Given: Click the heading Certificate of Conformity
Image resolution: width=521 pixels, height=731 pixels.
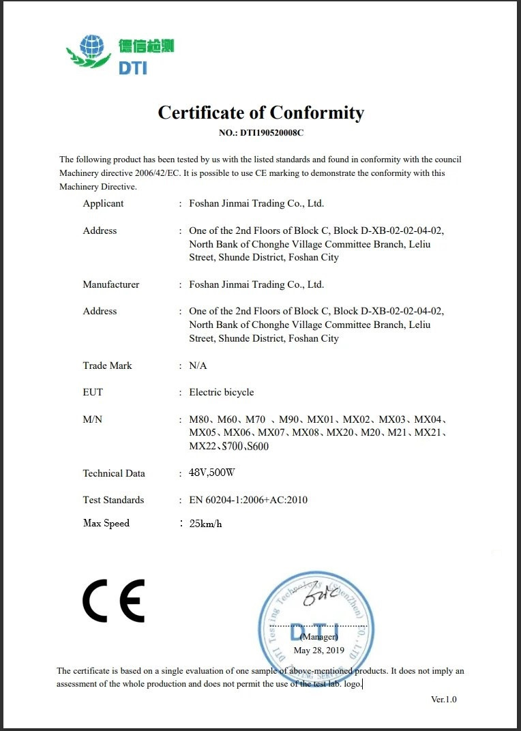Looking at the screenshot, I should coord(260,113).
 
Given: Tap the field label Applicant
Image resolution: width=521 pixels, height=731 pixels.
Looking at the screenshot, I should coord(103,203).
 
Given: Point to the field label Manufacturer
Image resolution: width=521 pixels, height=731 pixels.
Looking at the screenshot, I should coord(110,284).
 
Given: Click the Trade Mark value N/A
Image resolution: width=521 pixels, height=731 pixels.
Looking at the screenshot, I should coord(198,365).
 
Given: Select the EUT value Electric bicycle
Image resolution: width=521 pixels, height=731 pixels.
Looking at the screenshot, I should coord(221,392).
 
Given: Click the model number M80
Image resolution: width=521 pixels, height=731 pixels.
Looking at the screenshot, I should coord(199,419).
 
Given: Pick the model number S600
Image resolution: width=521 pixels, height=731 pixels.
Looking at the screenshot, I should coord(257,446).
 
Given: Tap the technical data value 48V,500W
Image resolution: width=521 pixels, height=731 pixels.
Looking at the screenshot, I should coord(211,473).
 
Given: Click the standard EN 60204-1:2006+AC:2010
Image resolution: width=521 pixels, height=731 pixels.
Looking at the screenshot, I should coord(248,500).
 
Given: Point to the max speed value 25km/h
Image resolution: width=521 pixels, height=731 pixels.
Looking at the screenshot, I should coord(205,524).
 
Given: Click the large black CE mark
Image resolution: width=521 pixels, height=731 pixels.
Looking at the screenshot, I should coord(113,600).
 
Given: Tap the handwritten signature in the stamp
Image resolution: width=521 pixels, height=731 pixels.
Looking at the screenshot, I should coord(320,596).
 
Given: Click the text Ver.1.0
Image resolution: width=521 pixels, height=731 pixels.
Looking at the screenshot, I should coord(443,699).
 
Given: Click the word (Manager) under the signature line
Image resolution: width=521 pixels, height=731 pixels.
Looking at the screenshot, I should coord(318,637).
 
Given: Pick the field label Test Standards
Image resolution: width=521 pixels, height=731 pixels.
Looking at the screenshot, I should coord(113,500).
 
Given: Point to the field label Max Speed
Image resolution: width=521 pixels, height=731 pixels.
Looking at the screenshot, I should coord(106,523).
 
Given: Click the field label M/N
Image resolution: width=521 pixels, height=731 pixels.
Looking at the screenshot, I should coord(92,419).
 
